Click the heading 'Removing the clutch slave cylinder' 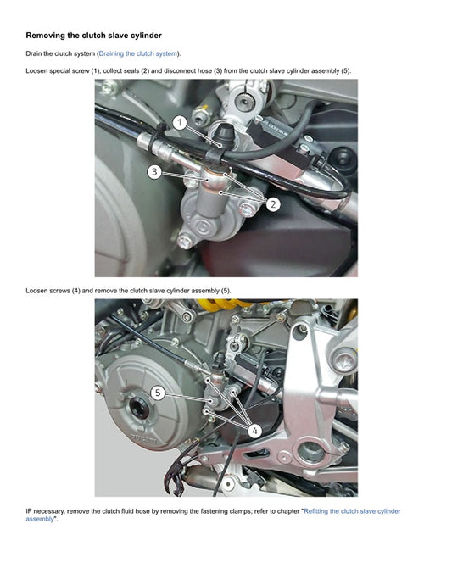point(93,36)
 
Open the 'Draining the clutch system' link point(137,53)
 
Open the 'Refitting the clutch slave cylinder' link point(352,511)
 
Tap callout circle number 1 point(180,122)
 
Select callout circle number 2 point(273,204)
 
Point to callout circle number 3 point(154,172)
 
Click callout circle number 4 point(255,431)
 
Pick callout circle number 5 point(158,393)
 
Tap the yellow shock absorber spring point(224,303)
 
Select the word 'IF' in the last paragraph point(29,511)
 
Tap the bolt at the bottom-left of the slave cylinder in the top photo point(185,242)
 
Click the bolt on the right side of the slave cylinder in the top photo point(247,210)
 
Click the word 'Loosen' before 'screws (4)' point(36,291)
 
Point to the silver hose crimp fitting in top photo point(159,148)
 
